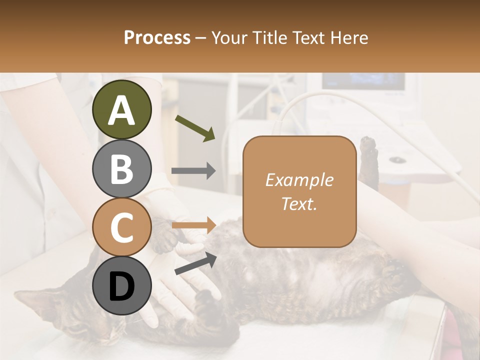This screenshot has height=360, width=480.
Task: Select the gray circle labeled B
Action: [121, 168]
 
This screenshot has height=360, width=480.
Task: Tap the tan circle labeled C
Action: [121, 227]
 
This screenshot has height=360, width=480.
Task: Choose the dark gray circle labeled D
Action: [121, 286]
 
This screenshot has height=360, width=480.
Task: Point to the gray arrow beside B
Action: [193, 171]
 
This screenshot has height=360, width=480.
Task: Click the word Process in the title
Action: [157, 38]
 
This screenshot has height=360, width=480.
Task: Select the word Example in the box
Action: [299, 180]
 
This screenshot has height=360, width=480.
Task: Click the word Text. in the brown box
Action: [299, 203]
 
